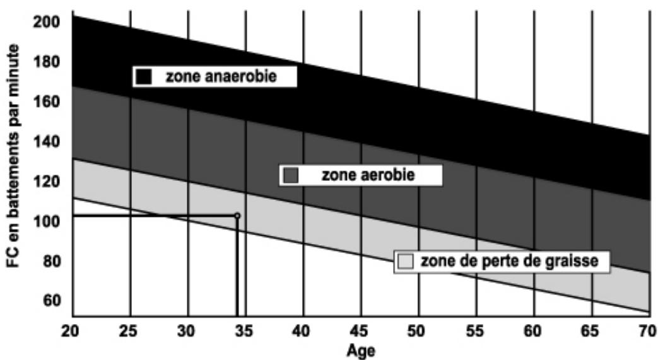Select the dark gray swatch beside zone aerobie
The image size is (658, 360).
[291, 175]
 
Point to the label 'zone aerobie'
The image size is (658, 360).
[368, 175]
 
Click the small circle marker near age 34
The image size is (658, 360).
[237, 216]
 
